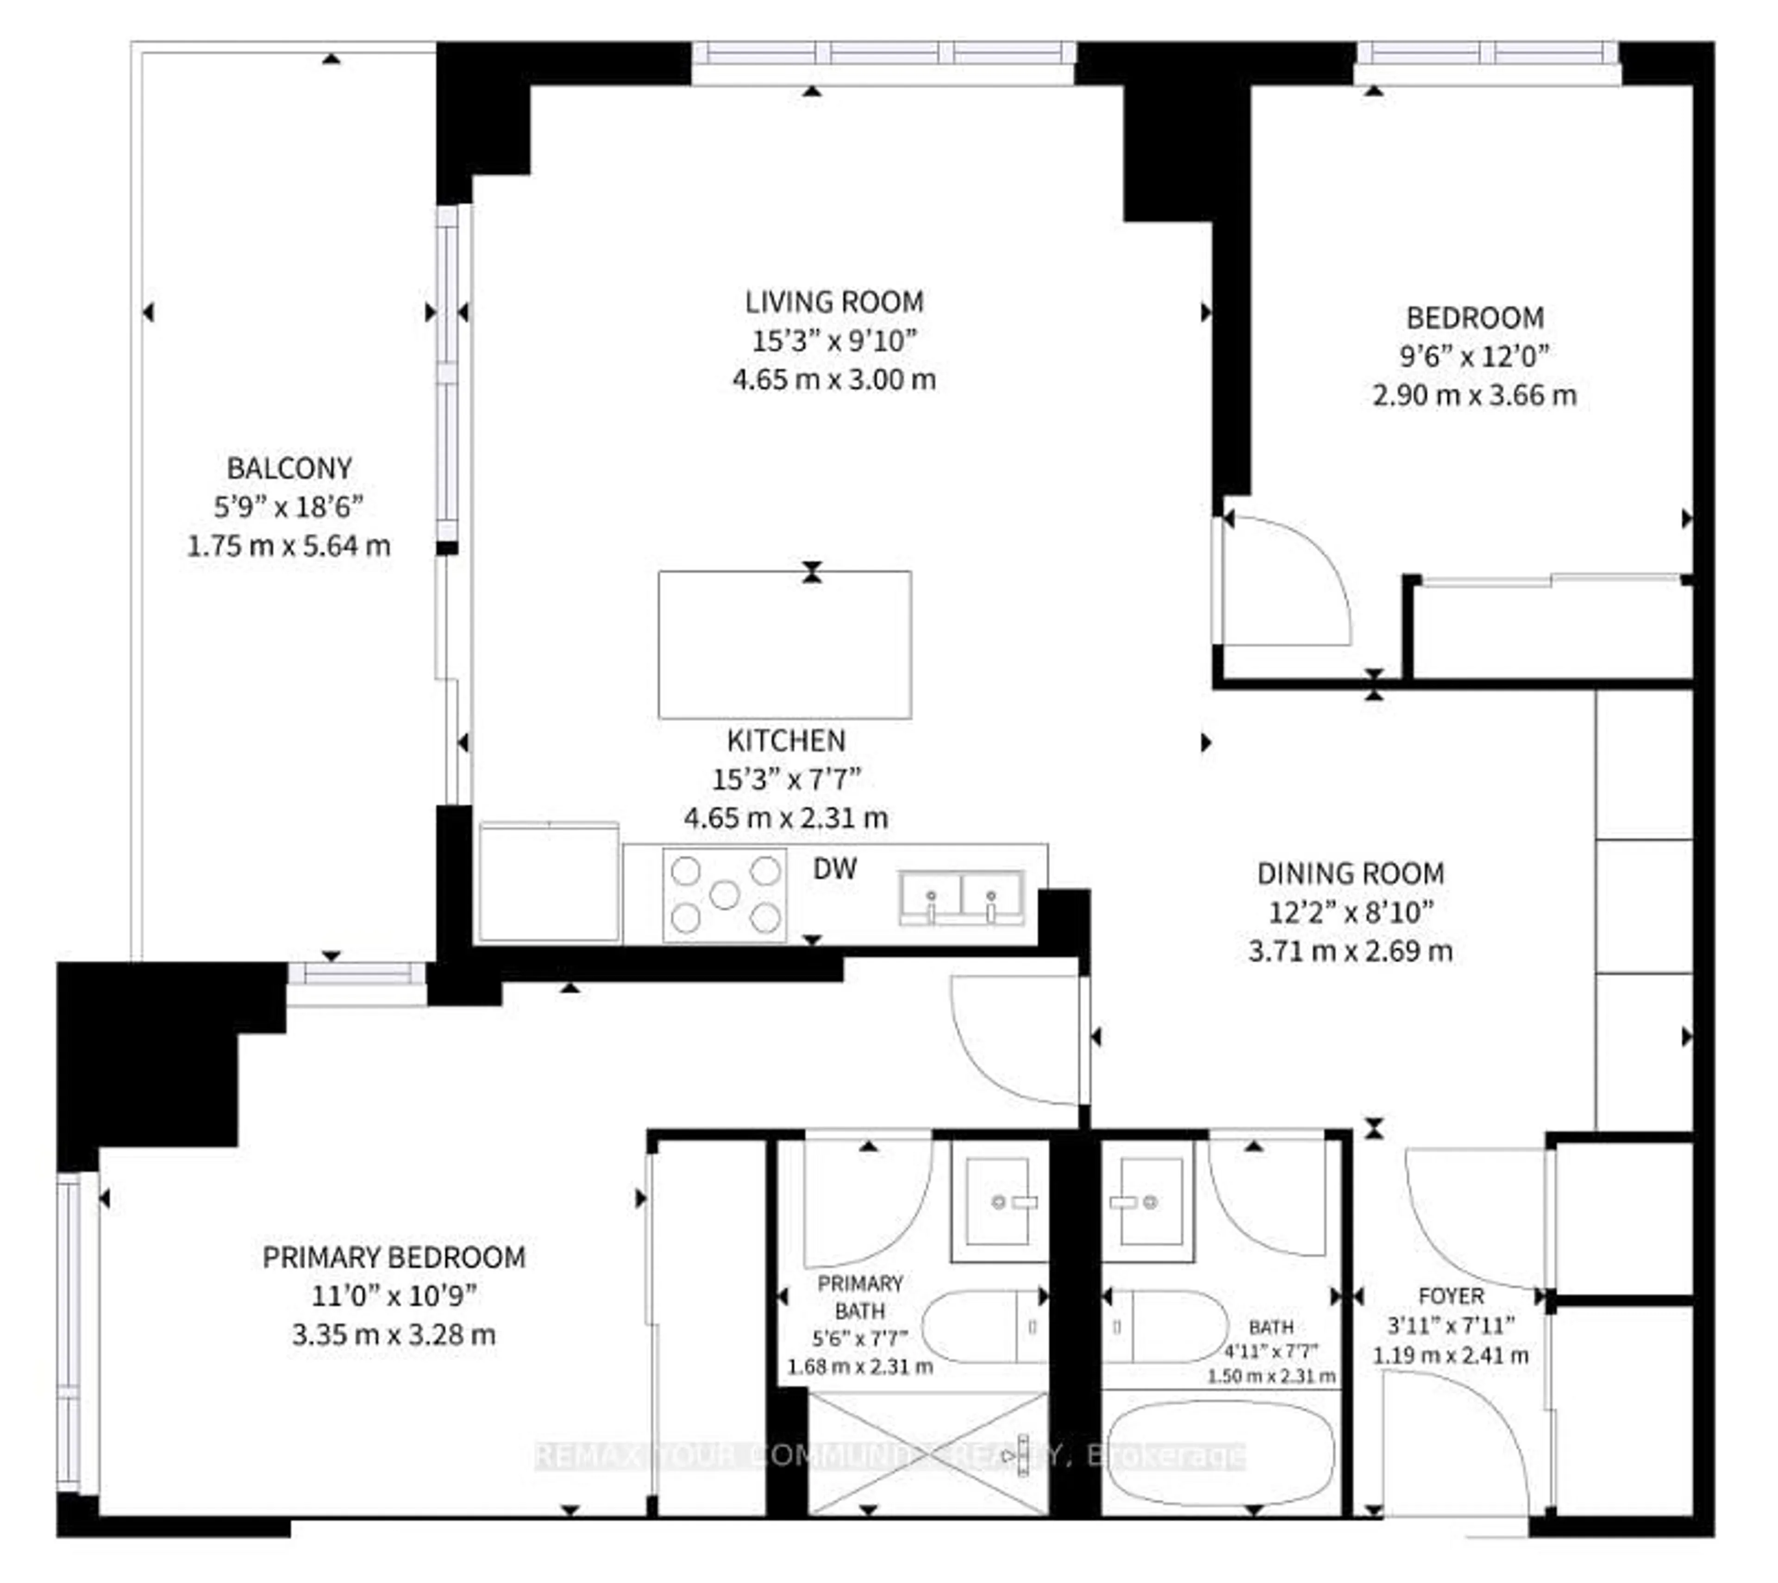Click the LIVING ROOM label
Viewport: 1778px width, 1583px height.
coord(833,302)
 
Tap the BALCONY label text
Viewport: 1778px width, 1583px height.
coord(289,468)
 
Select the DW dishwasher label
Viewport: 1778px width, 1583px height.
coord(834,868)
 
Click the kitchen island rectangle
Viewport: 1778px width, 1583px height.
coord(785,644)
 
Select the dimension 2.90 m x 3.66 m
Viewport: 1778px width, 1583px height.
coord(1474,396)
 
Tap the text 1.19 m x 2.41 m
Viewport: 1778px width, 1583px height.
coord(1450,1355)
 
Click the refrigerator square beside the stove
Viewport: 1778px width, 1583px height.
coord(549,883)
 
